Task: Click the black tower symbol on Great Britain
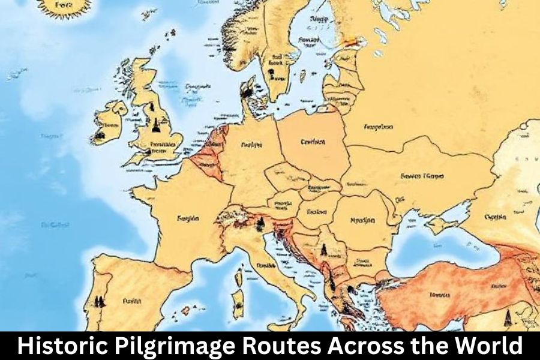click(157, 124)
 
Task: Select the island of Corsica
click(238, 277)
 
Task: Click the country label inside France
click(188, 219)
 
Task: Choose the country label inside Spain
click(131, 300)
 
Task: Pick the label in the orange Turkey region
click(440, 295)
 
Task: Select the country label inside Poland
click(313, 142)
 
